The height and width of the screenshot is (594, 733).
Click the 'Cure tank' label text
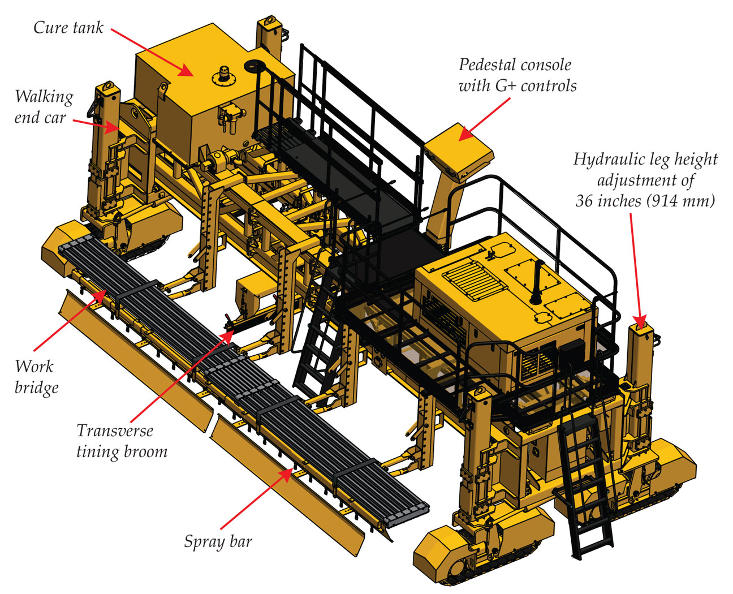(68, 27)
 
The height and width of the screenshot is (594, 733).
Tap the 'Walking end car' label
(43, 107)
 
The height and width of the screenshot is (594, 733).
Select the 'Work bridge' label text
(36, 377)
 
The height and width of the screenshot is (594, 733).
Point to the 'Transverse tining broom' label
(121, 441)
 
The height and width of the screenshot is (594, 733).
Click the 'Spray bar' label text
(218, 541)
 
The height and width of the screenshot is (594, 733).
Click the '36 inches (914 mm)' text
(645, 201)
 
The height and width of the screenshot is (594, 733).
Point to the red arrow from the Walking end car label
(96, 124)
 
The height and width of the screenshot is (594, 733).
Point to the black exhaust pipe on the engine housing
(534, 283)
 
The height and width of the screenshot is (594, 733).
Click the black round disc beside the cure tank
(256, 66)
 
